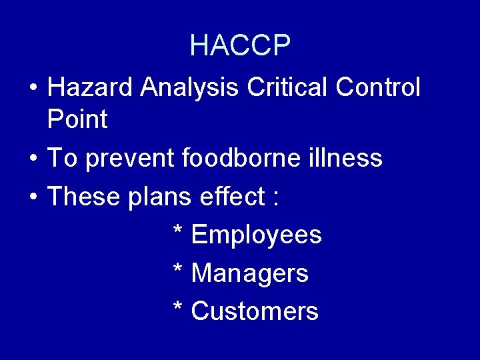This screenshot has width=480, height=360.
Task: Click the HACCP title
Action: tap(240, 45)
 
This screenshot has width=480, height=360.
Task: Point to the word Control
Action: tap(378, 87)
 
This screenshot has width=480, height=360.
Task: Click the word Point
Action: tap(77, 120)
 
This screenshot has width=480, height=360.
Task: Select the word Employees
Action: tap(257, 235)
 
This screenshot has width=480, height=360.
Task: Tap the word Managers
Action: tap(250, 274)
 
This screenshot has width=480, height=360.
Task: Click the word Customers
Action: tap(255, 311)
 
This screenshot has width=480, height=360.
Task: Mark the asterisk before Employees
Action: tap(178, 231)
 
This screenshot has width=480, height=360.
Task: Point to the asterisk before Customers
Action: tap(178, 307)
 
